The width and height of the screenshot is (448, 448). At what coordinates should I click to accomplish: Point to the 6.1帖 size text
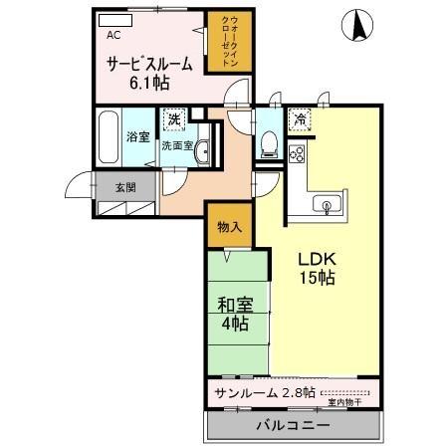[x=146, y=84]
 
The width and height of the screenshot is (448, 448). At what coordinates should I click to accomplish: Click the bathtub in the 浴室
[x=110, y=138]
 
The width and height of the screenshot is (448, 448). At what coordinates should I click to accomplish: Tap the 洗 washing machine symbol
[x=174, y=119]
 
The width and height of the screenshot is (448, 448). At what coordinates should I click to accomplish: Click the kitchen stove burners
[x=297, y=154]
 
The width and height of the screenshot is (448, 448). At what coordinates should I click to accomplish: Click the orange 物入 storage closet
[x=230, y=227]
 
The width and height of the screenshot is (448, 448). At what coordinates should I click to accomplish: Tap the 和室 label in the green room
[x=237, y=305]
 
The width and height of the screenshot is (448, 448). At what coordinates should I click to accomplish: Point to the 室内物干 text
[x=344, y=403]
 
